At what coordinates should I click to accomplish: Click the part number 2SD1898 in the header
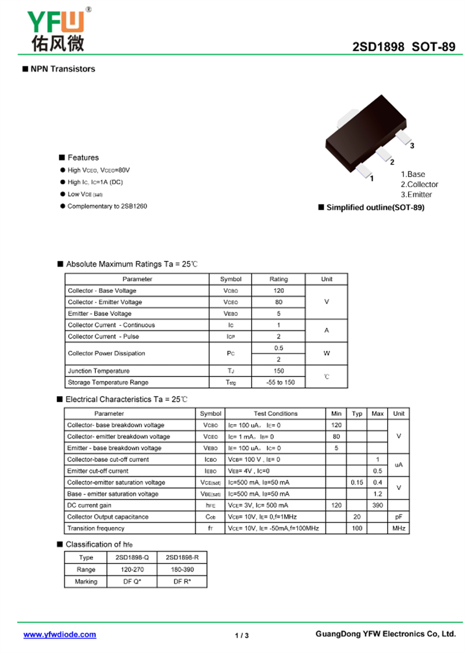click(378, 48)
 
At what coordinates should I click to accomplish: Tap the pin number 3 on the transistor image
click(412, 146)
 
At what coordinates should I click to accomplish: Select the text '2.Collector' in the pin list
click(420, 184)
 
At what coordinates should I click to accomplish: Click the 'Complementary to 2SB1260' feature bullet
click(107, 206)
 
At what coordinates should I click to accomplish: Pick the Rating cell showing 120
click(278, 290)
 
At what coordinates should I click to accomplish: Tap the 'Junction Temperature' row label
click(99, 371)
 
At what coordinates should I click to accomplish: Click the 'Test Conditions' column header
click(275, 414)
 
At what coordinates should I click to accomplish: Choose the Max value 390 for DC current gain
click(377, 505)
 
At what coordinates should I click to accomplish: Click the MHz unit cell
click(398, 528)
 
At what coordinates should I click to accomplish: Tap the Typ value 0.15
click(357, 482)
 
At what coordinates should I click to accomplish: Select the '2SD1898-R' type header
click(182, 558)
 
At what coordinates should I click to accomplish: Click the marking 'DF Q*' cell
click(133, 582)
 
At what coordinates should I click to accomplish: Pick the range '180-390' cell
click(182, 570)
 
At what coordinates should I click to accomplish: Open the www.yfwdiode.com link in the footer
click(60, 635)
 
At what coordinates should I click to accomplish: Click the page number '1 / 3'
click(242, 636)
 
